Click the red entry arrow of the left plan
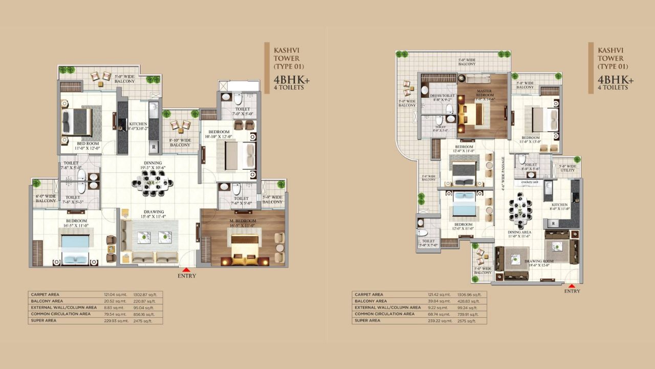pyautogui.click(x=187, y=270)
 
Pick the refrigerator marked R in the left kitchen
pyautogui.click(x=154, y=147)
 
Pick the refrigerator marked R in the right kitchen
pyautogui.click(x=553, y=223)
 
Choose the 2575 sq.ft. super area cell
pyautogui.click(x=469, y=320)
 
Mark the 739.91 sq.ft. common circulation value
pyautogui.click(x=469, y=314)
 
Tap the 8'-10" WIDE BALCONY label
pyautogui.click(x=180, y=142)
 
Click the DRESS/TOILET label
pyautogui.click(x=443, y=98)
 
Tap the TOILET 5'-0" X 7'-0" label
pyautogui.click(x=428, y=243)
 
